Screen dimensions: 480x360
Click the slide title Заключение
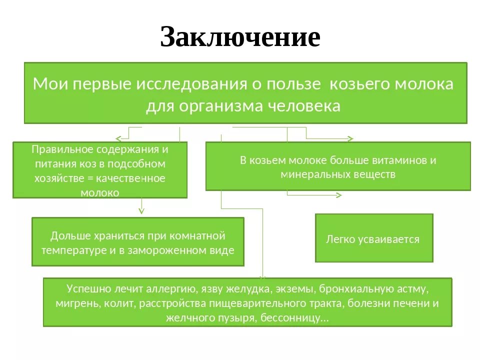(x=240, y=37)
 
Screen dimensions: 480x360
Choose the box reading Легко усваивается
(x=373, y=238)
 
